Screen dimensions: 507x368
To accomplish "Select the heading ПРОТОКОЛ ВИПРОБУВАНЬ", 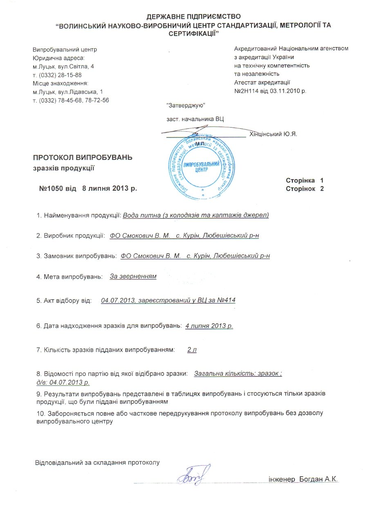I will click(83, 158).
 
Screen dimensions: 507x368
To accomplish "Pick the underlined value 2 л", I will click(192, 350).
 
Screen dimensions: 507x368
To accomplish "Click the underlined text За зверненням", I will click(133, 277).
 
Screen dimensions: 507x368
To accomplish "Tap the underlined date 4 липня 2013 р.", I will click(209, 326).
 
